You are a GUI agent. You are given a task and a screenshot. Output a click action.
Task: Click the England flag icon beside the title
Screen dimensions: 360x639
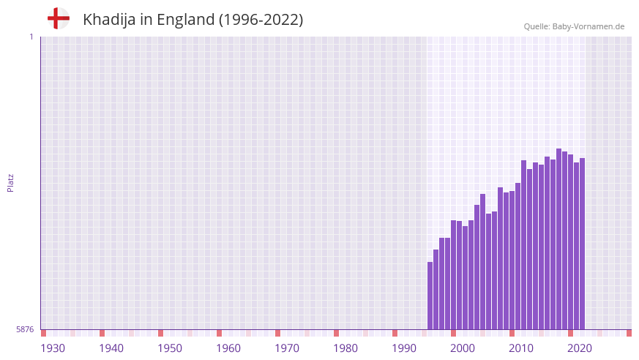coord(58,18)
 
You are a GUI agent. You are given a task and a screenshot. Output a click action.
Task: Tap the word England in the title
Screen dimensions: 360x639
coord(185,20)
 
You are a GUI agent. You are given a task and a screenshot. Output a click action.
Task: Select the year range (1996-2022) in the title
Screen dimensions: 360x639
coord(261,20)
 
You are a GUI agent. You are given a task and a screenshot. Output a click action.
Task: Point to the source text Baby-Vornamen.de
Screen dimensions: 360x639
coord(588,26)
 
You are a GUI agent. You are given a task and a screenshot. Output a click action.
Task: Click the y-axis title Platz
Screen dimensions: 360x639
coord(10,183)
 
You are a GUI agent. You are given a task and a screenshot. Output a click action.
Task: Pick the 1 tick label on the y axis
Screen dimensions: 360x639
coord(31,37)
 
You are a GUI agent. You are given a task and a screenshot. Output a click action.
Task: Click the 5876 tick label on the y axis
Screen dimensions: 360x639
coord(25,329)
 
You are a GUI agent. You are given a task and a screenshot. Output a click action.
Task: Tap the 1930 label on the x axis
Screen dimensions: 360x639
coord(53,348)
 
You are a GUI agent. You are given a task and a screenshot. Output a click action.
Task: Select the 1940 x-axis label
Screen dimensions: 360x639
coord(111,348)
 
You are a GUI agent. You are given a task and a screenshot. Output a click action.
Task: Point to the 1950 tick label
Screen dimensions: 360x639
coord(170,348)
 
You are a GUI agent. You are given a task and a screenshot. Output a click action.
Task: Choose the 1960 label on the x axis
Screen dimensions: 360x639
coord(228,348)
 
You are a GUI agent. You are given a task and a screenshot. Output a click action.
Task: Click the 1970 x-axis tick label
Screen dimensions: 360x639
coord(287,348)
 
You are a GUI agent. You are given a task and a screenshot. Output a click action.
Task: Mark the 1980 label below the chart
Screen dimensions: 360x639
coord(345,348)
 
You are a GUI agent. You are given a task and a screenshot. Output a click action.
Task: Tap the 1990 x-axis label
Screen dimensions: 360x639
coord(404,348)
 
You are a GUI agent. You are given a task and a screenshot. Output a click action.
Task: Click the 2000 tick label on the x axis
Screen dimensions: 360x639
coord(463,348)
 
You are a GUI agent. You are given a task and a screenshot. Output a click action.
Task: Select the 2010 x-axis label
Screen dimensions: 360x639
coord(521,348)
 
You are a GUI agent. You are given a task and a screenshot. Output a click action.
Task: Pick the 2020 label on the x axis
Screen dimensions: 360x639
coord(580,348)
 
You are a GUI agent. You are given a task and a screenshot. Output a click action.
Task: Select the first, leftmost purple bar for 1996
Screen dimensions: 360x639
coord(430,296)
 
